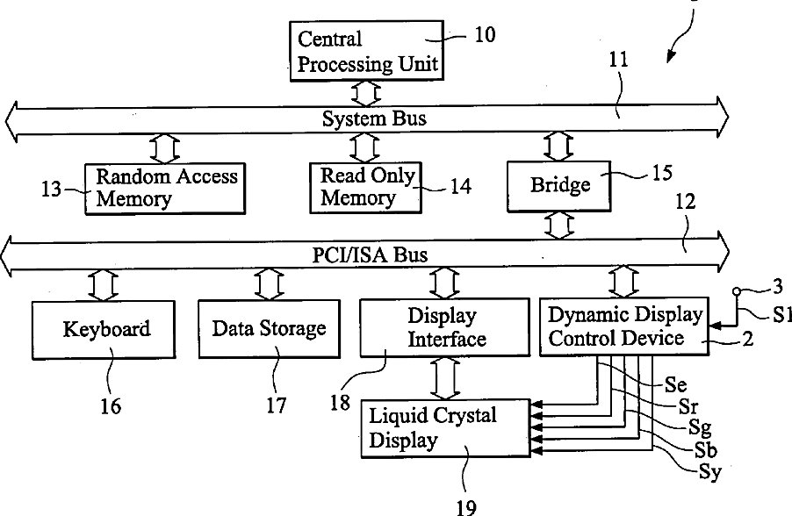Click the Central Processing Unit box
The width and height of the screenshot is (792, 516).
pyautogui.click(x=367, y=51)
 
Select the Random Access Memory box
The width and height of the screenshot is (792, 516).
pyautogui.click(x=165, y=189)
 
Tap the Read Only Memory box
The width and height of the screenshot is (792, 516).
pyautogui.click(x=365, y=187)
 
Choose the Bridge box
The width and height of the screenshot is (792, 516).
pyautogui.click(x=559, y=186)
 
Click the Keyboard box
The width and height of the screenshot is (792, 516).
pyautogui.click(x=104, y=330)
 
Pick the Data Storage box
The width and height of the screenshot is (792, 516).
pyautogui.click(x=270, y=329)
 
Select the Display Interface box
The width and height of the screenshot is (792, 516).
pyautogui.click(x=445, y=327)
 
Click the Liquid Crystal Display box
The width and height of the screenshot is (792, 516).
pyautogui.click(x=446, y=428)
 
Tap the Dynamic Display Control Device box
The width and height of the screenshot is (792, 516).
pyautogui.click(x=624, y=326)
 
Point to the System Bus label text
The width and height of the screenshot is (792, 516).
pyautogui.click(x=374, y=118)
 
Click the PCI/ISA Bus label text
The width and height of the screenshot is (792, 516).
pyautogui.click(x=370, y=254)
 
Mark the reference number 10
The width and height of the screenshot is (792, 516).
pyautogui.click(x=485, y=35)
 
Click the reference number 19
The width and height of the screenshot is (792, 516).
pyautogui.click(x=466, y=507)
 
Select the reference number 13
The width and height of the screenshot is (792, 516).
pyautogui.click(x=51, y=190)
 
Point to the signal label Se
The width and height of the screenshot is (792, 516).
pyautogui.click(x=675, y=384)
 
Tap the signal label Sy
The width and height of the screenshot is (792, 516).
pyautogui.click(x=710, y=472)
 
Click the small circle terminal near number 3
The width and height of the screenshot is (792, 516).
pyautogui.click(x=737, y=291)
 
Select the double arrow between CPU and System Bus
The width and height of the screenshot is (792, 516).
pyautogui.click(x=365, y=93)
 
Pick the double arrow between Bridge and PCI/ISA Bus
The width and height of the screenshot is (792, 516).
pyautogui.click(x=559, y=226)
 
